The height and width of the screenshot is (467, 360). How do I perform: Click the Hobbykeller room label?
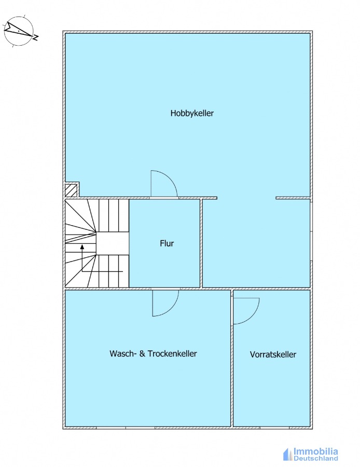192,114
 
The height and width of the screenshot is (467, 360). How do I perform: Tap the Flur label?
167,243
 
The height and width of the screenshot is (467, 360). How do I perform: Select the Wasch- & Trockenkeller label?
153,353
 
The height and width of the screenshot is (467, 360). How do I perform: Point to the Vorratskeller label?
273,354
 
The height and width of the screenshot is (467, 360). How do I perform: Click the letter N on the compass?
36,37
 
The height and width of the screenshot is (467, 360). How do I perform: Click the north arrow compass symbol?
19,31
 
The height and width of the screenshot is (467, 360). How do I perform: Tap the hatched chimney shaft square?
71,190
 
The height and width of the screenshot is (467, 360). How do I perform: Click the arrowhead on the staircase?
82,247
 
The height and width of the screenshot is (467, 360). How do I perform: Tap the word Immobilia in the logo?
315,451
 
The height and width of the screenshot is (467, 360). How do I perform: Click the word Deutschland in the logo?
316,458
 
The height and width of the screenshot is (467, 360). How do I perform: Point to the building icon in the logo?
287,454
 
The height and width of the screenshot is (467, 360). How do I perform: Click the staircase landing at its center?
113,244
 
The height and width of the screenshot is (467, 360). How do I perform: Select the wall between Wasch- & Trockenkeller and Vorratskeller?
232,358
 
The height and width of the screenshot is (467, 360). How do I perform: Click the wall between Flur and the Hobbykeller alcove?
201,243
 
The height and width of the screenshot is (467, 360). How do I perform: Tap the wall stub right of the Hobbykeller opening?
293,198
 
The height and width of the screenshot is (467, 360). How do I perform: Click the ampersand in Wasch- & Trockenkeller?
143,353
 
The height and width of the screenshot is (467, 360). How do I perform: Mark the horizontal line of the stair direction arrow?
102,271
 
